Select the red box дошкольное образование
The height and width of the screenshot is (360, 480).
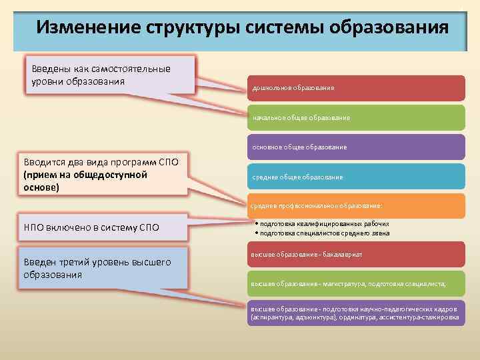click(357, 88)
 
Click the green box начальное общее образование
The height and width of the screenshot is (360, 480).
click(357, 117)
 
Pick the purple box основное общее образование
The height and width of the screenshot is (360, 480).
click(357, 147)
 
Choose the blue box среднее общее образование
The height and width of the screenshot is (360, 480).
click(357, 177)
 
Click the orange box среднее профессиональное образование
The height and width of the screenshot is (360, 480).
click(357, 206)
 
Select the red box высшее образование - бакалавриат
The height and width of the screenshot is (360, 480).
click(357, 255)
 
